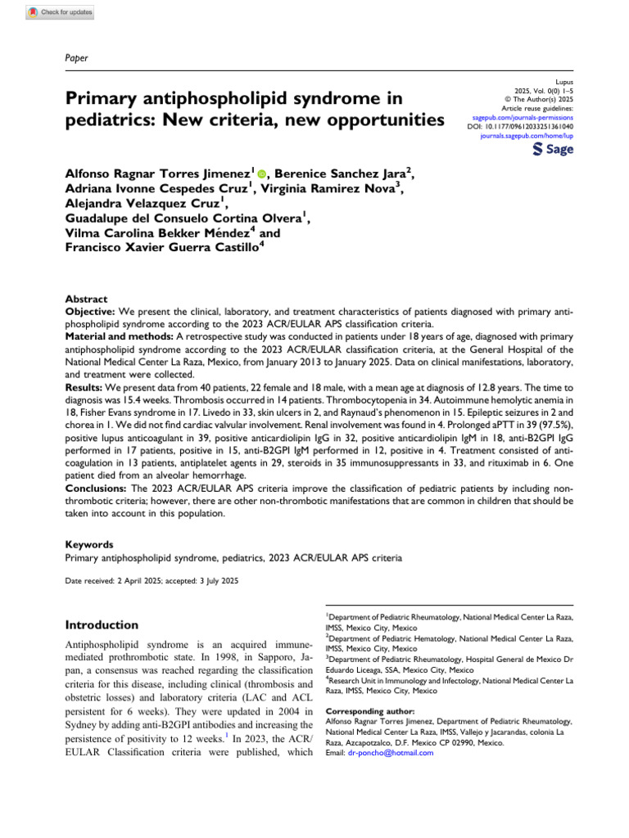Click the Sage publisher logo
click(553, 149)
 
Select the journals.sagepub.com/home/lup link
click(527, 136)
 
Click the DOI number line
click(520, 127)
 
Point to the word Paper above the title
click(76, 57)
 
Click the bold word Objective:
click(91, 313)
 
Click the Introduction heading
click(102, 624)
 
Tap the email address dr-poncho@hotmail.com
click(391, 753)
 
